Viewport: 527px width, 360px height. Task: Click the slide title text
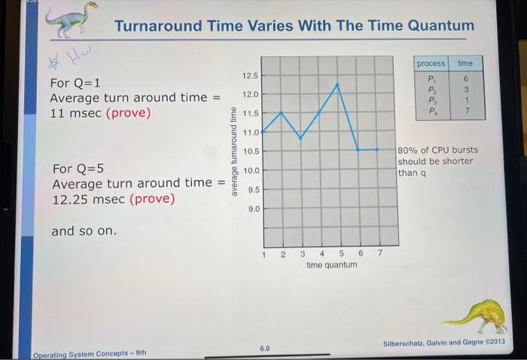pos(294,26)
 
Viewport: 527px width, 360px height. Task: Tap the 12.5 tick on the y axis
pos(250,76)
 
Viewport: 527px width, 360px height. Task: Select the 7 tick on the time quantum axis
pos(379,254)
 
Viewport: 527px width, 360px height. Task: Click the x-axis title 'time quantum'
pos(332,266)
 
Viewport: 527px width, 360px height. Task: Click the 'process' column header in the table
pos(431,63)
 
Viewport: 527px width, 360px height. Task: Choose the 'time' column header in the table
pos(465,63)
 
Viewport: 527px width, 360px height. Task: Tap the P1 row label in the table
pos(431,78)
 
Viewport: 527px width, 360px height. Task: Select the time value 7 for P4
pos(467,111)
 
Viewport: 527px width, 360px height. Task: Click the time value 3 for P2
pos(467,89)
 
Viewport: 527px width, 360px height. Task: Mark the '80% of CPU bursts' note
pos(437,150)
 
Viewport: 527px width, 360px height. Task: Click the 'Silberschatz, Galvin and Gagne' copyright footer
pos(443,343)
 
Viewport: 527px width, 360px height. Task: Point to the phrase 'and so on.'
pos(84,231)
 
